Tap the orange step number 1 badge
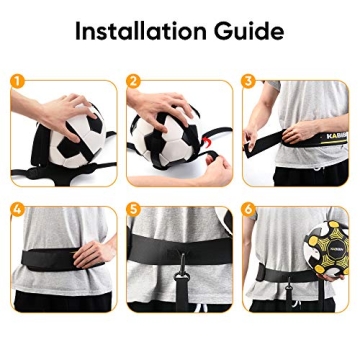click(x=17, y=79)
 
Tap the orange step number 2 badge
click(x=133, y=79)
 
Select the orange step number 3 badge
click(x=249, y=79)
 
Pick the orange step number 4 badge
click(x=17, y=211)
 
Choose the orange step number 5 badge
click(x=133, y=211)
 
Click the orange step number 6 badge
click(x=249, y=211)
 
